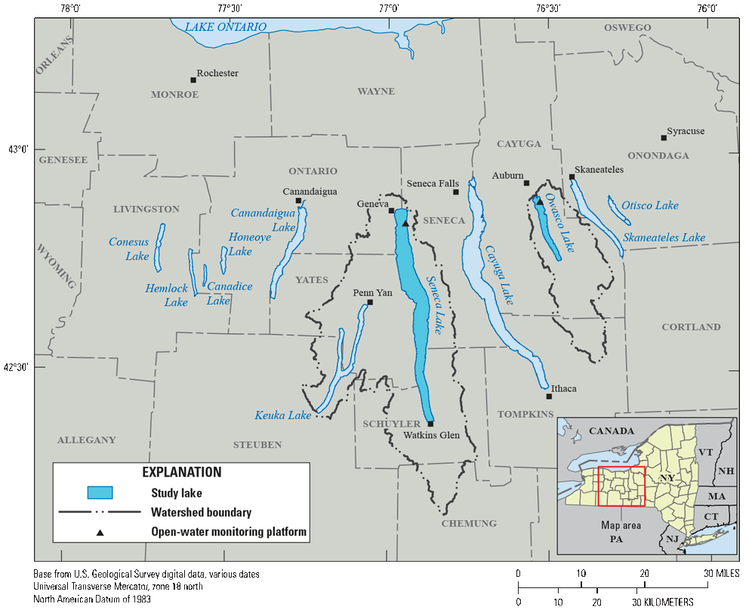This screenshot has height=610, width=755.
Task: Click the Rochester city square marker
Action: pos(193,80)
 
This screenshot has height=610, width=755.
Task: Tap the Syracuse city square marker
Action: pos(664,137)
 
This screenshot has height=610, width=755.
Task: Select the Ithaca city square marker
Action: pos(549,396)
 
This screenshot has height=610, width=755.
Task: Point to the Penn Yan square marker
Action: pos(370,302)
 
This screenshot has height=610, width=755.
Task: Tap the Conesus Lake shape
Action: pos(159,247)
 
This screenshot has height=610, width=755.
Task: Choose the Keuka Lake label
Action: pos(283,415)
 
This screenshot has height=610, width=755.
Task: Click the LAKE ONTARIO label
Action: pos(226,27)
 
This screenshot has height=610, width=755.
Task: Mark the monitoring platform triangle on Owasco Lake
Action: pos(540,202)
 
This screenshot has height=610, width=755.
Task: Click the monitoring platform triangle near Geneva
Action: pos(405,223)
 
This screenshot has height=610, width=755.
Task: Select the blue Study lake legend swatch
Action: pos(100,492)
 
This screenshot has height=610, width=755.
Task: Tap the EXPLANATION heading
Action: pos(182,472)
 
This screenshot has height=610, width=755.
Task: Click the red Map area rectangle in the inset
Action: pos(621,486)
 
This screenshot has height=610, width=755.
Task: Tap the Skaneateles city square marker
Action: pos(572,177)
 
